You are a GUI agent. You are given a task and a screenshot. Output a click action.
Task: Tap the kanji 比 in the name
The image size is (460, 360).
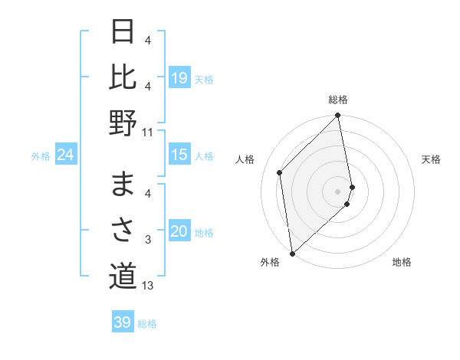(x=123, y=77)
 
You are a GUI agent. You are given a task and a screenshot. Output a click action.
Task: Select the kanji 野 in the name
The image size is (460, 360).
(x=123, y=123)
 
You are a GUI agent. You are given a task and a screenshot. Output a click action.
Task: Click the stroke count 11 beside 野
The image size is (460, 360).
(x=147, y=132)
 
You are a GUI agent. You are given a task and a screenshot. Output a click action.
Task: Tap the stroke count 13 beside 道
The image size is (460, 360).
(x=147, y=286)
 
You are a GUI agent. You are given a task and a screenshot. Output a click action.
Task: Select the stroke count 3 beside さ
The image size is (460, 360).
(x=147, y=240)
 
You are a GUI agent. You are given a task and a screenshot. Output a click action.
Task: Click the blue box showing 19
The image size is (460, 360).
(x=179, y=78)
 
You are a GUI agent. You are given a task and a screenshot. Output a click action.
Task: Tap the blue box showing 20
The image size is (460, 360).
(x=179, y=232)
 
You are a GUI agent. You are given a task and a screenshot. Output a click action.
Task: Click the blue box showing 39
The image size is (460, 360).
(x=122, y=322)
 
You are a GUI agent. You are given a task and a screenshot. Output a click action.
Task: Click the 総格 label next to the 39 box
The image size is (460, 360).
(x=147, y=324)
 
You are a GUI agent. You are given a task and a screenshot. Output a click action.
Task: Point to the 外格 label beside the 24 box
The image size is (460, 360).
(x=41, y=156)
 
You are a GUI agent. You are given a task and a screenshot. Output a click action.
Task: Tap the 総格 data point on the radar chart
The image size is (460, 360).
(x=337, y=116)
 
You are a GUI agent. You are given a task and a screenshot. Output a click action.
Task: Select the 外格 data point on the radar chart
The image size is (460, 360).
(x=292, y=253)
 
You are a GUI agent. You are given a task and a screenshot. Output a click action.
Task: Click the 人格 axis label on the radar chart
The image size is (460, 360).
(x=246, y=159)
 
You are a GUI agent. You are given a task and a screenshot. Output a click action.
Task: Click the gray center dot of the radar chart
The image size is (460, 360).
(x=337, y=191)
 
